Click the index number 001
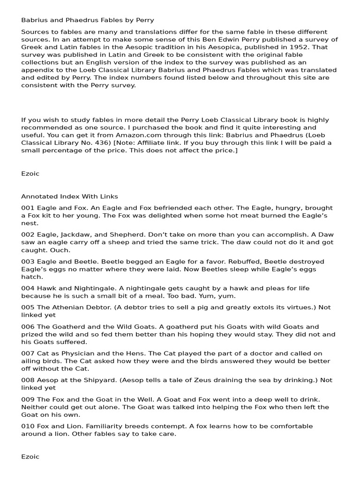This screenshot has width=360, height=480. click(x=27, y=208)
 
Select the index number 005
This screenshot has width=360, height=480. click(x=28, y=307)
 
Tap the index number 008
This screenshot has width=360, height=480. click(x=28, y=381)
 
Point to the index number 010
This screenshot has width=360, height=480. click(x=28, y=426)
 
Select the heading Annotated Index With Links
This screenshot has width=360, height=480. click(x=69, y=196)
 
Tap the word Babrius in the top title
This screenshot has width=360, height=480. click(x=34, y=20)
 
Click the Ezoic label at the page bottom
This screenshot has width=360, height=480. click(x=30, y=456)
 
